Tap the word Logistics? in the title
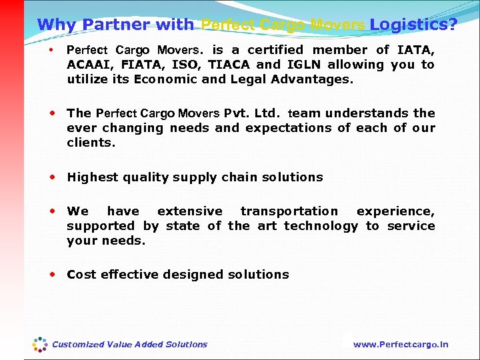[413, 25]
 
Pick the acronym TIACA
[229, 65]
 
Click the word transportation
[289, 211]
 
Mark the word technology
[321, 226]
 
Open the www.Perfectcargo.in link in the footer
[401, 345]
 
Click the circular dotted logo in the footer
[41, 344]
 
